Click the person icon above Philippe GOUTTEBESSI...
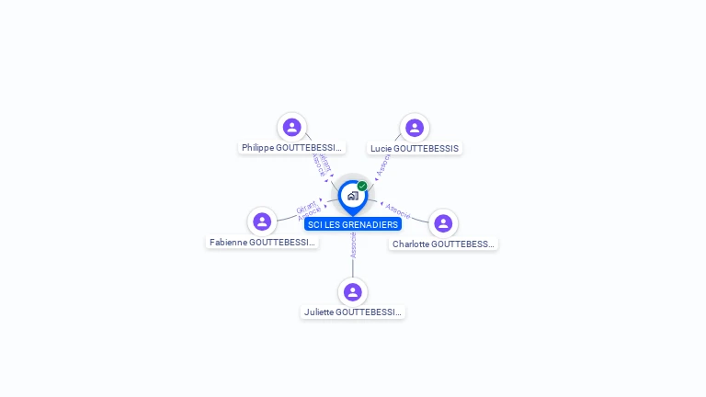(292, 127)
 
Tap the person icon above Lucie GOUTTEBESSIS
(415, 128)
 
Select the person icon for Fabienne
(262, 221)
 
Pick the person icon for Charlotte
(443, 223)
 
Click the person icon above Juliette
(352, 292)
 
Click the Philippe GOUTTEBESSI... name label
(291, 147)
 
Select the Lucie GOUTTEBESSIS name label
(415, 148)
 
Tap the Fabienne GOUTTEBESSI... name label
(262, 243)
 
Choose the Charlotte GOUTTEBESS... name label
(443, 244)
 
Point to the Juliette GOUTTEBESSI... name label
(352, 312)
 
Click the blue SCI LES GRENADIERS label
(353, 224)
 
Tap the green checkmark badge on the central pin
(362, 187)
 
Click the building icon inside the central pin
(352, 196)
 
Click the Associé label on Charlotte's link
(398, 210)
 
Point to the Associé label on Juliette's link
(353, 244)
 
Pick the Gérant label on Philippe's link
(324, 163)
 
